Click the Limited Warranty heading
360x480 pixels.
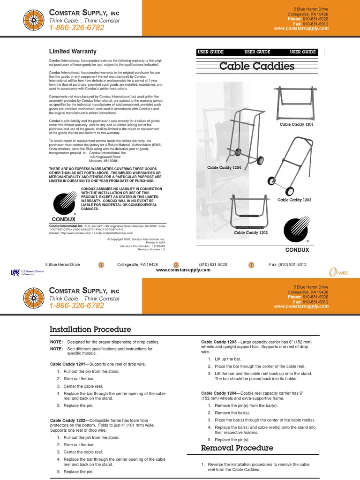[x=73, y=52]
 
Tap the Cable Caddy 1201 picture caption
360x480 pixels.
[x=297, y=125]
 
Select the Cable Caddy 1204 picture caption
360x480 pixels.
[x=224, y=167]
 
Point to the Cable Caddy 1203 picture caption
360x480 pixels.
[x=294, y=200]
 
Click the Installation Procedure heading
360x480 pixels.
[x=90, y=330]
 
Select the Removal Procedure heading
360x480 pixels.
[x=237, y=448]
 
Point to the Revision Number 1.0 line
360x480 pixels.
[x=151, y=249]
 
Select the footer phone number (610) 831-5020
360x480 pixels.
[x=213, y=265]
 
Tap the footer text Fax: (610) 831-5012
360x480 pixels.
[x=287, y=265]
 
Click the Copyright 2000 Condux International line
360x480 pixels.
[x=136, y=239]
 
